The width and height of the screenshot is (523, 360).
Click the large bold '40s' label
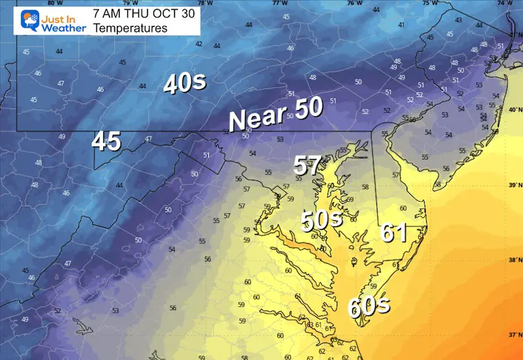click(x=184, y=83)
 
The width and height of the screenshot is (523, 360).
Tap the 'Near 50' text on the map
click(x=275, y=116)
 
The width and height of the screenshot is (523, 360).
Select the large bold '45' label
click(x=107, y=141)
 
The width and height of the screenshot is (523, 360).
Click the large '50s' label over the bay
click(x=321, y=220)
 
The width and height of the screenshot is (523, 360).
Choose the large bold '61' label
click(x=394, y=233)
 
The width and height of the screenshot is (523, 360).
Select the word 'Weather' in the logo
click(x=63, y=28)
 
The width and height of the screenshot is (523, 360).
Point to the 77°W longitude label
click(x=279, y=3)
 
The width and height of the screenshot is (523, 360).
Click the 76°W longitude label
click(x=354, y=3)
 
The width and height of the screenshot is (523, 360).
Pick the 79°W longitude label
click(x=129, y=3)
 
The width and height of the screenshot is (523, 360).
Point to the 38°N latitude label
click(x=513, y=260)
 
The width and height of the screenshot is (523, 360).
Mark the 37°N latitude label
click(x=513, y=335)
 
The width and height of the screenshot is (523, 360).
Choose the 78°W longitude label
click(x=204, y=3)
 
